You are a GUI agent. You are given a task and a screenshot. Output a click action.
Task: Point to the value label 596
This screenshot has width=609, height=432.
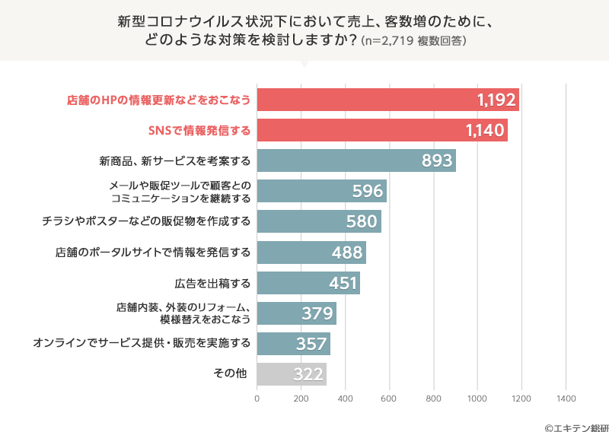pyautogui.click(x=367, y=191)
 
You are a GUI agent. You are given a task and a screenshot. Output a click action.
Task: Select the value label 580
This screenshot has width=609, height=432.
pyautogui.click(x=362, y=222)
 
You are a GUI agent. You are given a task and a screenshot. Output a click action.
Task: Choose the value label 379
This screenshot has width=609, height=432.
pyautogui.click(x=317, y=313)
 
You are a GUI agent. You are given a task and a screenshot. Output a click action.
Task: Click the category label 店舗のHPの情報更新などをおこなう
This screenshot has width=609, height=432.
pyautogui.click(x=159, y=100)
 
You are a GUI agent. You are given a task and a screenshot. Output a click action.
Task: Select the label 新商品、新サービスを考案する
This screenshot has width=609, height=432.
pyautogui.click(x=174, y=161)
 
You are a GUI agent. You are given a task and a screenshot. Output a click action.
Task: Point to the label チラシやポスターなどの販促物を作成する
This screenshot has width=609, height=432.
pyautogui.click(x=146, y=222)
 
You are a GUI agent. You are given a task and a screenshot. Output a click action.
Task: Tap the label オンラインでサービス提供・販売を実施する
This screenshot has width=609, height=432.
pyautogui.click(x=142, y=344)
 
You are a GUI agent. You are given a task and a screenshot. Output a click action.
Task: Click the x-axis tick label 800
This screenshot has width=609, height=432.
pyautogui.click(x=433, y=399)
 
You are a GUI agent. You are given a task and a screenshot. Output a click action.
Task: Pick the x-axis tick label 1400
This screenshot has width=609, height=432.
pyautogui.click(x=566, y=399)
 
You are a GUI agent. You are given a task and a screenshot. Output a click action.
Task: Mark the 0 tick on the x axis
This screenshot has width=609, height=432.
pyautogui.click(x=257, y=399)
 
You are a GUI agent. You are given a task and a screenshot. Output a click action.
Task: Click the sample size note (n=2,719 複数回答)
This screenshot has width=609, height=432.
pyautogui.click(x=413, y=40)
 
